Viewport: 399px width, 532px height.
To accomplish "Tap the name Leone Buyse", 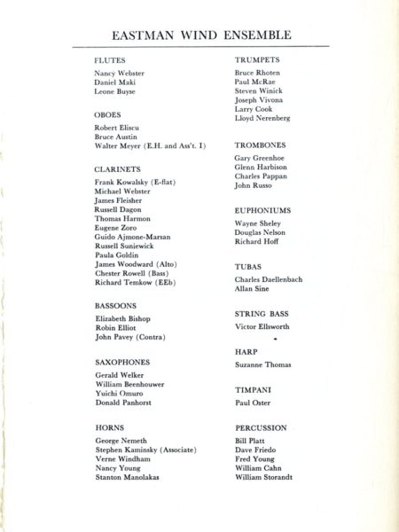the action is [115, 92].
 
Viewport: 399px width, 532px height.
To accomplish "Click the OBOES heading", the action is [107, 115].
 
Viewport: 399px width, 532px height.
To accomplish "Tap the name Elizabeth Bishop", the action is [122, 318].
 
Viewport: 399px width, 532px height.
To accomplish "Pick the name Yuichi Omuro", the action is [120, 393].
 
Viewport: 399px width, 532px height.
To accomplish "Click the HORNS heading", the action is [109, 427].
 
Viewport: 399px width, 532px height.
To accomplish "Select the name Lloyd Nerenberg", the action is [262, 118].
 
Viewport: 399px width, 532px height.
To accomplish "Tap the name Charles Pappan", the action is [260, 176].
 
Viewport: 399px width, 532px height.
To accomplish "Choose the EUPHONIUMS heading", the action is [263, 210].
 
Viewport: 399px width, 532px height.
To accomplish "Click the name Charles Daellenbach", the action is [269, 279].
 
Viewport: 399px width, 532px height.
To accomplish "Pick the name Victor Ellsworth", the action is [262, 328].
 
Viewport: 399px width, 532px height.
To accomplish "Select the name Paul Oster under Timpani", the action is [252, 403].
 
